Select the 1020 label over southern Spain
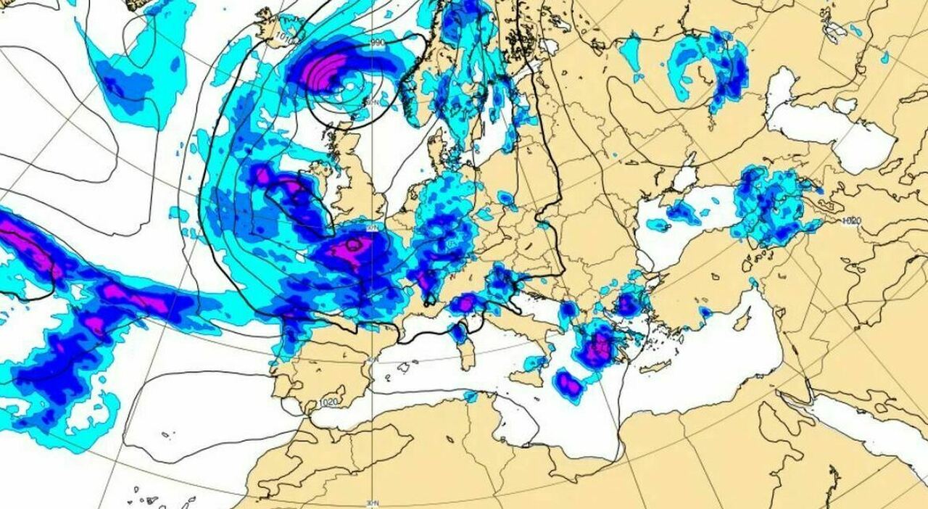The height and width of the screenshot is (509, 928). click(328, 402)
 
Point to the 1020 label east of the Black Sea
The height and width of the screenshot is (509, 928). click(851, 220)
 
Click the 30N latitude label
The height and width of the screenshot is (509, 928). click(372, 502)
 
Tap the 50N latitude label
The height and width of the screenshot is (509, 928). click(371, 227)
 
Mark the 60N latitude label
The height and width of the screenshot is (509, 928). click(372, 102)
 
